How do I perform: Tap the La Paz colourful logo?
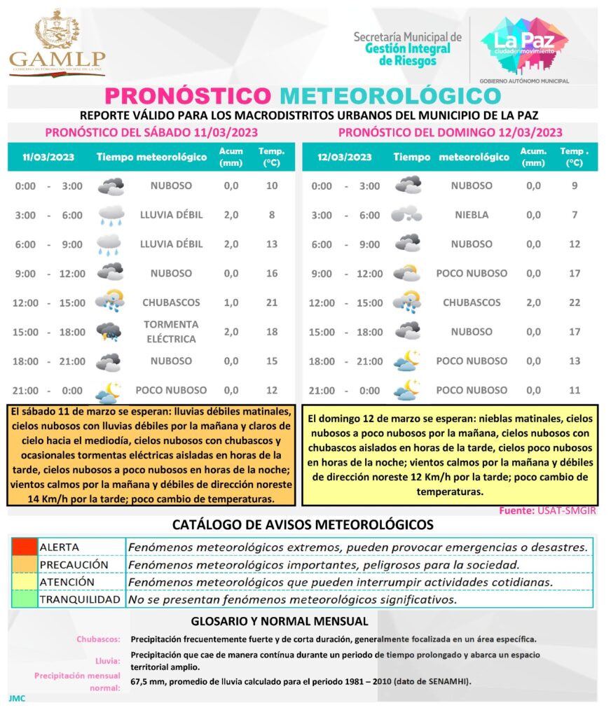[524, 45]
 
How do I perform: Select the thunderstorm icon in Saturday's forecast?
[109, 332]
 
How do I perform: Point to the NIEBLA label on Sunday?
[472, 215]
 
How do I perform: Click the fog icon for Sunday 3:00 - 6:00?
[406, 214]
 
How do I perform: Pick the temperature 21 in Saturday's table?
[272, 302]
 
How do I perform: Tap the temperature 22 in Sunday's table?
[575, 302]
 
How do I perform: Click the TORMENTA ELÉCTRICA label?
[171, 332]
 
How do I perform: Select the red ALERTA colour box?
[24, 547]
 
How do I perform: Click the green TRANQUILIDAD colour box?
[24, 599]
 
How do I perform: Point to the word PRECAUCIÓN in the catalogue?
[74, 564]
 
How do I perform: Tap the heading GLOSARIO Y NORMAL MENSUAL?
[280, 621]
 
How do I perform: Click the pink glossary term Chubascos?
[98, 639]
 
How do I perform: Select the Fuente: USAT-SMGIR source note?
[547, 510]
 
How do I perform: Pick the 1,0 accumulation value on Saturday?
[231, 302]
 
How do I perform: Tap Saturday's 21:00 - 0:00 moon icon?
[109, 391]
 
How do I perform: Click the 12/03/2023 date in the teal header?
[343, 157]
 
